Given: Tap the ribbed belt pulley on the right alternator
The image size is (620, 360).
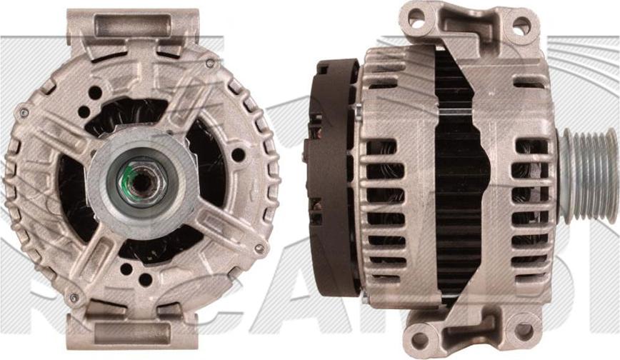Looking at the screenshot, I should (x=588, y=176).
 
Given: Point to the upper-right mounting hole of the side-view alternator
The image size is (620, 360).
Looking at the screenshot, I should (x=521, y=26).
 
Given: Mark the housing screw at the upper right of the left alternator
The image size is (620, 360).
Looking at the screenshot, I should (x=210, y=63).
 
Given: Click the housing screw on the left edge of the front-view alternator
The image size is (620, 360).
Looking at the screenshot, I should (x=24, y=113).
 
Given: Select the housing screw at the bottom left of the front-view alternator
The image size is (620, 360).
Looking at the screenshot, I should (x=73, y=296).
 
